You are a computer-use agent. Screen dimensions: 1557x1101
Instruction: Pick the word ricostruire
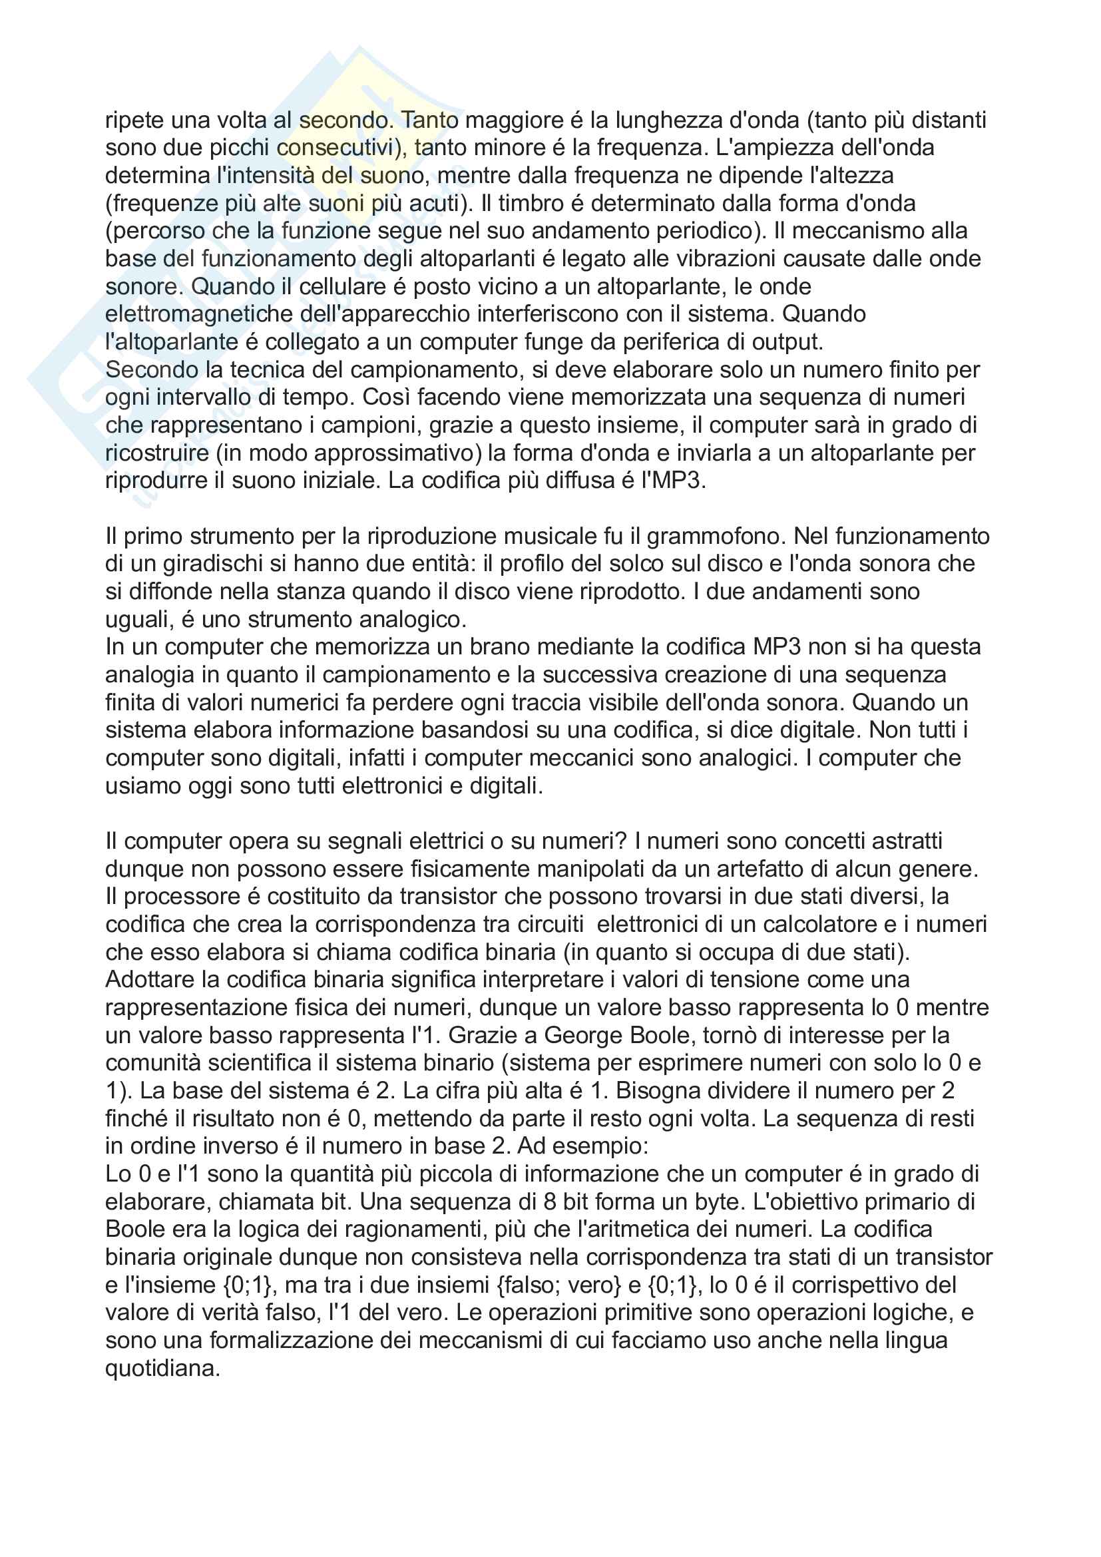(x=157, y=453)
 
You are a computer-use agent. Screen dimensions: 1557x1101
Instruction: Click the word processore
(x=182, y=897)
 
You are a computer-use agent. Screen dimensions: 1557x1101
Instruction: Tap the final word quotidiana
(x=162, y=1369)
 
